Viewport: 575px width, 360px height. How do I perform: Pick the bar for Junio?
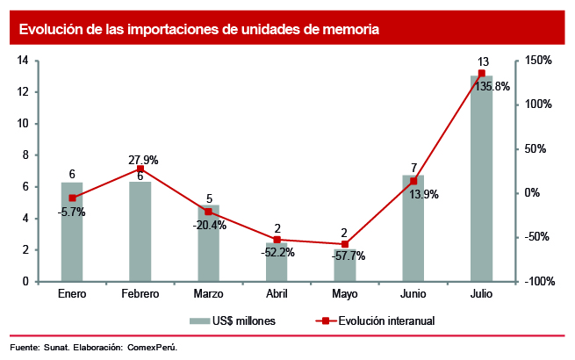413,228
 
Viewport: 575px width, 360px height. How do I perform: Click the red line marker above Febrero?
140,169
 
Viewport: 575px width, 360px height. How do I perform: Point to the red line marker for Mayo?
345,244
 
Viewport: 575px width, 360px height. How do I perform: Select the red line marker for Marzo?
209,212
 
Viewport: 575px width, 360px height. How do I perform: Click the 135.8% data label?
492,87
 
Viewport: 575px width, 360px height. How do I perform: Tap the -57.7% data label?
349,256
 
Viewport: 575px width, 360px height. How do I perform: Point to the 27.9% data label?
143,160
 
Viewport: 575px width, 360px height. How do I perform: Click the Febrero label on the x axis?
140,293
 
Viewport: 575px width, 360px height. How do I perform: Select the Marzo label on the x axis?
208,293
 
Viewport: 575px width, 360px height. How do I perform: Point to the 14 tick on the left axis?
24,60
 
